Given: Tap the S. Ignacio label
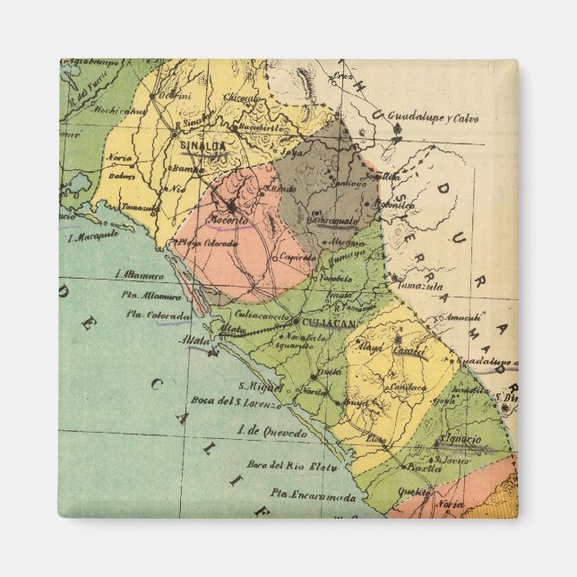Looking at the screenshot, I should (x=459, y=439).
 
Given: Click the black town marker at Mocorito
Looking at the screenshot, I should (x=230, y=205).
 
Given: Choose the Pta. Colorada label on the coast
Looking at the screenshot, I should (x=158, y=315).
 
